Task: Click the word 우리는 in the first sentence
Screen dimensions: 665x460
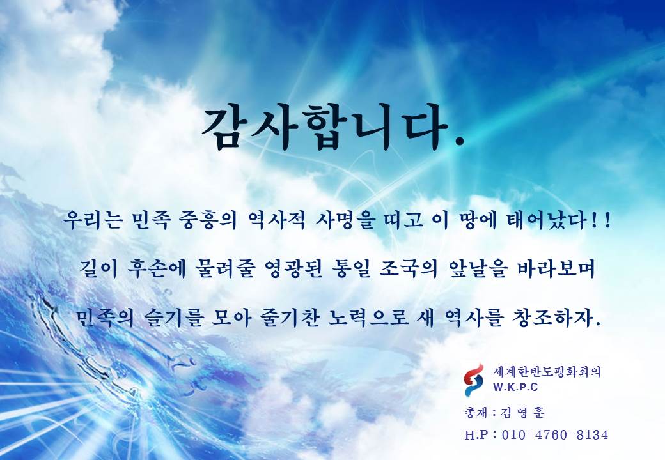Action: coord(93,220)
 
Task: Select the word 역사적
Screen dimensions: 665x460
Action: coord(276,220)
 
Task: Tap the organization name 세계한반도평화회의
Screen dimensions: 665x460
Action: coord(547,372)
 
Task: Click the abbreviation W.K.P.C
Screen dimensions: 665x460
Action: coord(515,387)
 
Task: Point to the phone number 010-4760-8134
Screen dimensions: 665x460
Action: coord(555,434)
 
